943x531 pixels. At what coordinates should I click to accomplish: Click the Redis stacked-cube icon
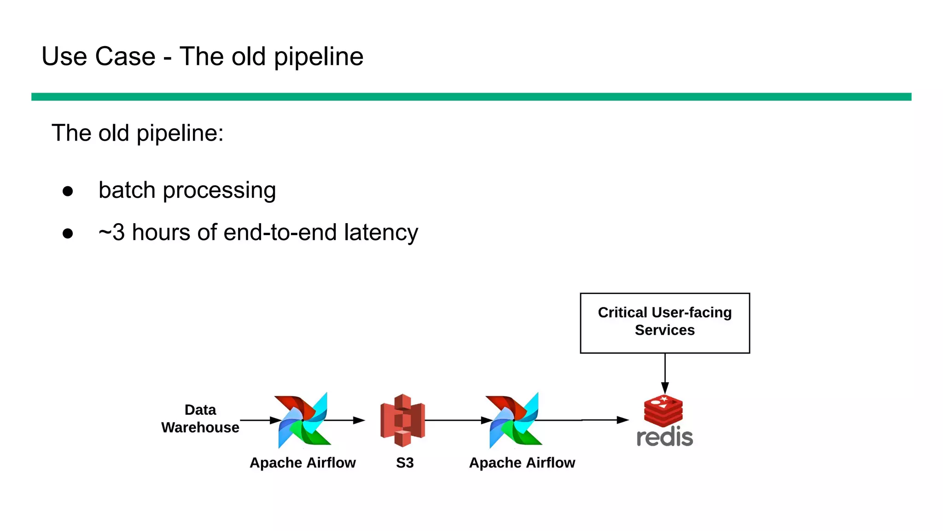(x=663, y=410)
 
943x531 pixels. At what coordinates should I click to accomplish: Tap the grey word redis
(x=664, y=437)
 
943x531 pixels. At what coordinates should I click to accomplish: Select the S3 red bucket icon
(x=402, y=420)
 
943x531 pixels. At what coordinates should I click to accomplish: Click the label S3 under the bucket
(x=405, y=462)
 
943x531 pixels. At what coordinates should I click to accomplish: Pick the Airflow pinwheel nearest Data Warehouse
(x=303, y=420)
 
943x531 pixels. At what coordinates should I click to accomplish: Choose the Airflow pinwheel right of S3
(x=513, y=420)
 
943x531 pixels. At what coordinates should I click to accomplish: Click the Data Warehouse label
(x=200, y=419)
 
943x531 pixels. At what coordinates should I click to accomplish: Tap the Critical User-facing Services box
(x=664, y=323)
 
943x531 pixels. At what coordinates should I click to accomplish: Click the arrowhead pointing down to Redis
(x=665, y=388)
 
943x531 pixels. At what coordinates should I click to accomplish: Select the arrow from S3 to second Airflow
(x=456, y=420)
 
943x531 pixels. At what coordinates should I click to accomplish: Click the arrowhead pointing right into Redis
(x=623, y=420)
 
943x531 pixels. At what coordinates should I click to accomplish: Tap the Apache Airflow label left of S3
(x=303, y=462)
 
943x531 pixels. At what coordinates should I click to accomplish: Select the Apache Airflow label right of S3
(x=522, y=462)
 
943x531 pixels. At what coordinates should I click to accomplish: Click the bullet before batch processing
(x=68, y=191)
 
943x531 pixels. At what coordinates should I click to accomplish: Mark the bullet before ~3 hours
(x=68, y=233)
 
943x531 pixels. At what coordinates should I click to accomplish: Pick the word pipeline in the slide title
(x=318, y=57)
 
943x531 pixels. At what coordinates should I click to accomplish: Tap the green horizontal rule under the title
(x=471, y=97)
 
